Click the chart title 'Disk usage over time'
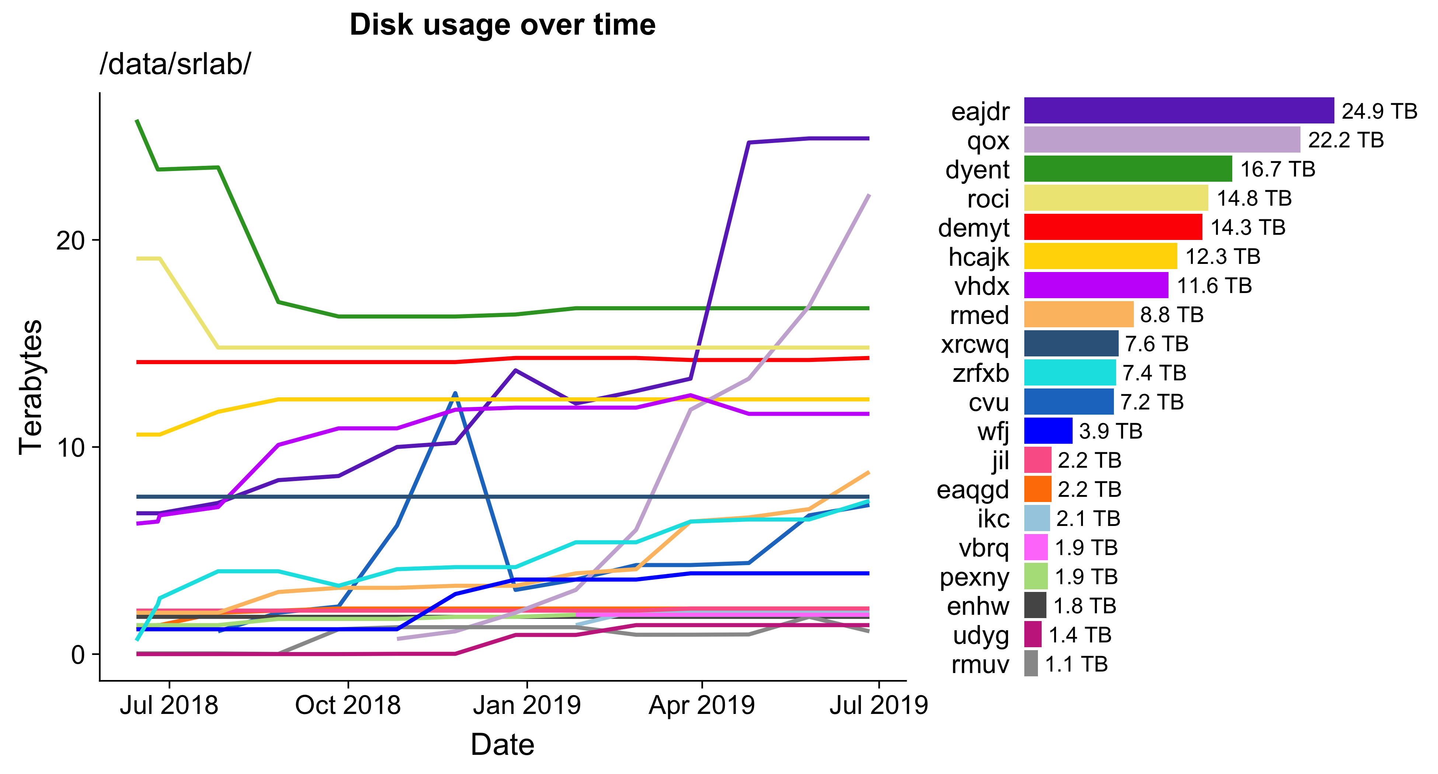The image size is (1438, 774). tap(503, 25)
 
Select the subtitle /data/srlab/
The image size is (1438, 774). tap(175, 64)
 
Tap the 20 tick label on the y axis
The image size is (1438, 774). tap(70, 241)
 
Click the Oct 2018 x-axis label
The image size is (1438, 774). tap(347, 705)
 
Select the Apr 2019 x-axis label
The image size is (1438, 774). tap(701, 705)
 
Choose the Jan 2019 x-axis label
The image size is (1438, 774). tap(527, 705)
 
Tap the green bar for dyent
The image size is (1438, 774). tap(1128, 168)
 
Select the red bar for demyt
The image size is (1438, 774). tap(1112, 227)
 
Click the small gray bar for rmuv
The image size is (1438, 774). tap(1031, 663)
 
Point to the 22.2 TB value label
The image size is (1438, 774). tap(1345, 140)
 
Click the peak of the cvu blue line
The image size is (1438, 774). tap(455, 393)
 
